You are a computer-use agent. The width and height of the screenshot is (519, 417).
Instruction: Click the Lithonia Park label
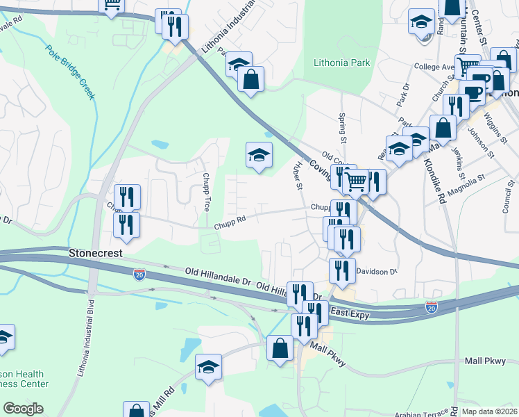pos(341,63)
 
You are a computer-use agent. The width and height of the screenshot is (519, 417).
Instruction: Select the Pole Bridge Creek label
pos(69,72)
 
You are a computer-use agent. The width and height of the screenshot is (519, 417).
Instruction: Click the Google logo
pos(23,409)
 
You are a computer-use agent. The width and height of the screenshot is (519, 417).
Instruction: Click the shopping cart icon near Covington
pos(355,183)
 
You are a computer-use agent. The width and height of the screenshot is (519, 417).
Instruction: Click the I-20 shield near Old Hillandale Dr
pos(139,275)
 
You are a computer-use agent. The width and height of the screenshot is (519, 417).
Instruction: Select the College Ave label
pos(434,67)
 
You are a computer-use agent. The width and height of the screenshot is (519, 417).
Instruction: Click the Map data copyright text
pos(490,411)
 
